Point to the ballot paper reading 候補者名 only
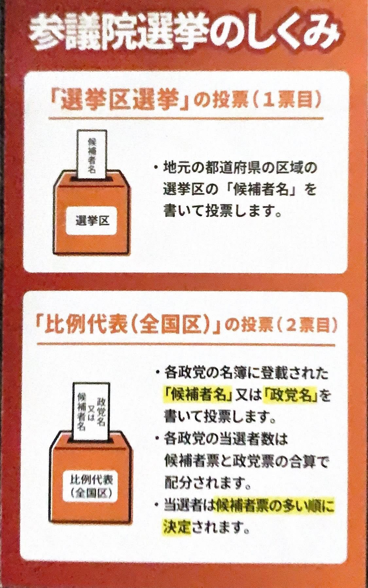coord(92,155)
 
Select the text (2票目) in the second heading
coord(301,326)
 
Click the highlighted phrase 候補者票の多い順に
coord(275,506)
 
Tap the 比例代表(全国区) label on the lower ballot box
coord(92,485)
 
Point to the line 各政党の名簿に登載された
coord(245,374)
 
